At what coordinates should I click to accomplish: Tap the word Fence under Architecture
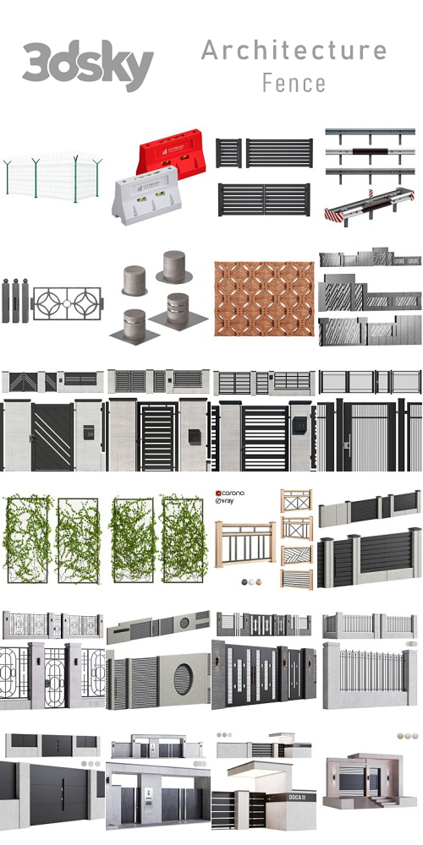click(x=294, y=83)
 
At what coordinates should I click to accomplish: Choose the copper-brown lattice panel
click(x=263, y=300)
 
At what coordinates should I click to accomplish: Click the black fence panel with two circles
click(x=67, y=302)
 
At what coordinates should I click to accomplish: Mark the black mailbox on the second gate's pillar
click(x=193, y=435)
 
